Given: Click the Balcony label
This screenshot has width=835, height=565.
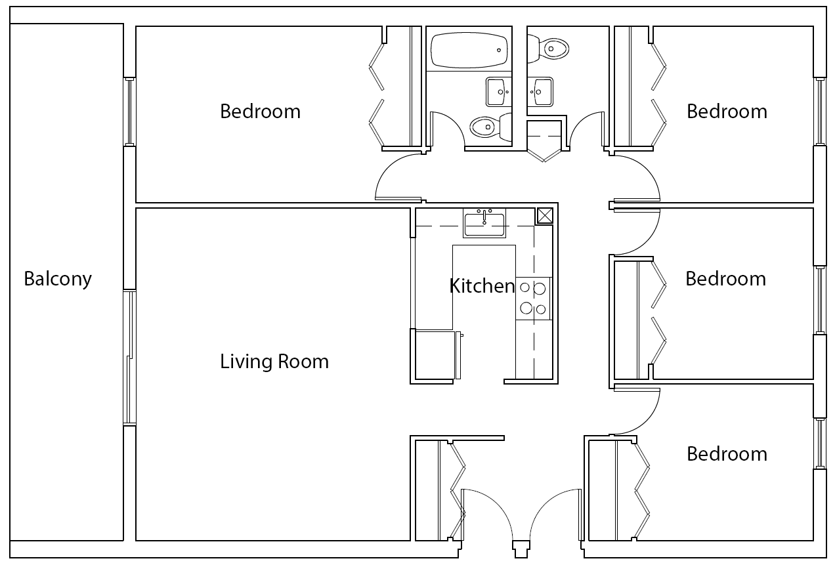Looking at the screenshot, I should tap(58, 279).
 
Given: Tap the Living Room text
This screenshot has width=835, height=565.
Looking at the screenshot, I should tap(274, 362).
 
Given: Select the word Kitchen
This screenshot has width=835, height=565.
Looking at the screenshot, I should tap(482, 286).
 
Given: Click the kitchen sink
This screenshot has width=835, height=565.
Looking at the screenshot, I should tap(484, 224).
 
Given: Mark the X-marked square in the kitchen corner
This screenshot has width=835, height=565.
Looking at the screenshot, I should tap(545, 215).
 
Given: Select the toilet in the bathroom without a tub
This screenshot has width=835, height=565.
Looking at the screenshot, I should tap(550, 48).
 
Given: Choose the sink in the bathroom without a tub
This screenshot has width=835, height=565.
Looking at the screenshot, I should tap(542, 92).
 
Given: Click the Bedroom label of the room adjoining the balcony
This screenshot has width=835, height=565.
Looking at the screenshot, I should tap(260, 112).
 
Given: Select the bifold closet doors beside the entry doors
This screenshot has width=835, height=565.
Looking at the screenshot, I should tap(457, 489).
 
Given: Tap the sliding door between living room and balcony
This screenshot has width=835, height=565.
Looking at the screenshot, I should tap(130, 358).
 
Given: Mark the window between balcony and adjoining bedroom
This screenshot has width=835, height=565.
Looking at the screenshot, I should tap(130, 112).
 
